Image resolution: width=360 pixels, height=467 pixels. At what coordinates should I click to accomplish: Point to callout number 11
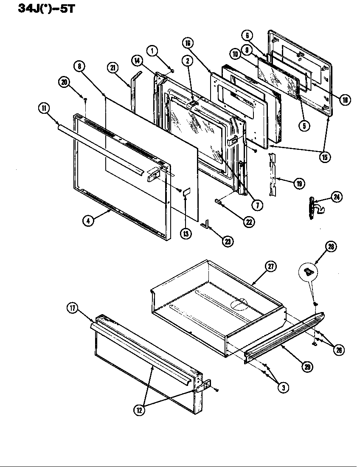point(43,108)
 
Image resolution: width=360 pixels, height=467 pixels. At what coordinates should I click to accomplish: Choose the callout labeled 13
point(186,233)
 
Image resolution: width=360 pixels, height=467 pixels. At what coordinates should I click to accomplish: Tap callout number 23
point(228,241)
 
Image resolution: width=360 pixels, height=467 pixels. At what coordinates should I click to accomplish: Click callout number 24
point(337,197)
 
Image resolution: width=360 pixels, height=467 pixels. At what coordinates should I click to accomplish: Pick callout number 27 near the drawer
point(270,267)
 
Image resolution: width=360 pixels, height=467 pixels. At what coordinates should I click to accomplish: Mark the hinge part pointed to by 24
point(313,208)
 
